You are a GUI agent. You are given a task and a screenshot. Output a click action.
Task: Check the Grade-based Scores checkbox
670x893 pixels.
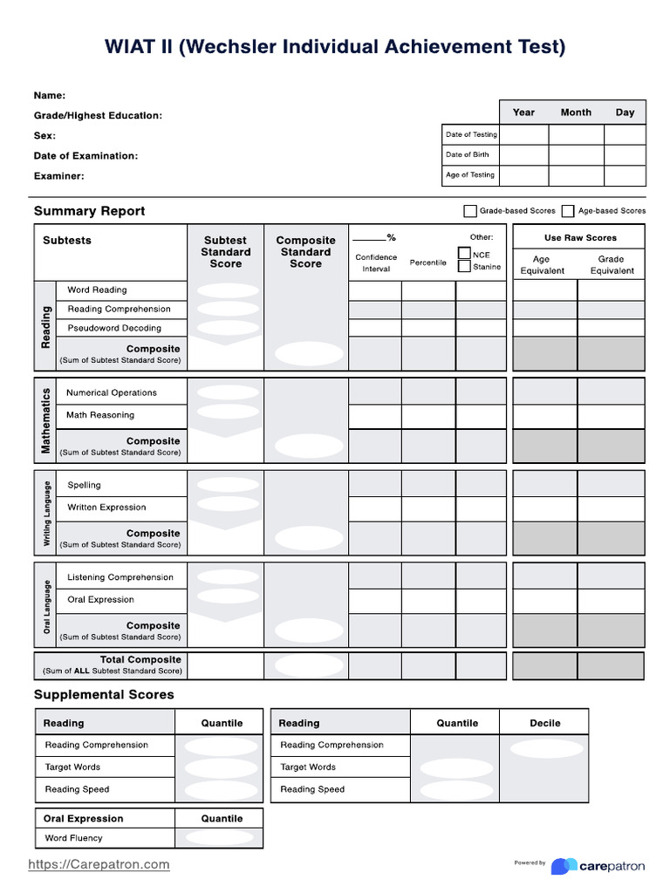click(470, 211)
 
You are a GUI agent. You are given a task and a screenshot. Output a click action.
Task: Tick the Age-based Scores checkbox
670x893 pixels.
click(568, 211)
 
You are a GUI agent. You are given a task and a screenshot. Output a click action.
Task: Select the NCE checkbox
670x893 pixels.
click(465, 254)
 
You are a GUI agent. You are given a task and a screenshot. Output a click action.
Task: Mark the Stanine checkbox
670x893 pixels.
click(465, 266)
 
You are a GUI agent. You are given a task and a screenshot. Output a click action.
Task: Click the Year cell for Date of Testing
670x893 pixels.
click(523, 135)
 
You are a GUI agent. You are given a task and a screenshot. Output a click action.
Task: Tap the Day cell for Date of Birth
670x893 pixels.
click(625, 155)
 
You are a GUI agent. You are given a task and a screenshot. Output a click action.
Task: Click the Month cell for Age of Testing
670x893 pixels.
click(576, 175)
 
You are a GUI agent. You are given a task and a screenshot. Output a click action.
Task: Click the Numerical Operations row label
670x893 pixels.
click(112, 393)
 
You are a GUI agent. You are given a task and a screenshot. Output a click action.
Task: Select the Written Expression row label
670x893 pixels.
click(106, 508)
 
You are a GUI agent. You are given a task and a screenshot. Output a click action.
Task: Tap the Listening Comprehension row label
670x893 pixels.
click(120, 577)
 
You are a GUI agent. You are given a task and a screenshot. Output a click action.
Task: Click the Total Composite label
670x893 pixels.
click(140, 660)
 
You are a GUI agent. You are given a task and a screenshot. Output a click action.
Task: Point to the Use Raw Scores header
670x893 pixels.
click(580, 238)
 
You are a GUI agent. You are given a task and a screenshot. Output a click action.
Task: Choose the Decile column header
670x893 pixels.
click(545, 723)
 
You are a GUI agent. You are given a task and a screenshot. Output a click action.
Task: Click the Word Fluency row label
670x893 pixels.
click(73, 838)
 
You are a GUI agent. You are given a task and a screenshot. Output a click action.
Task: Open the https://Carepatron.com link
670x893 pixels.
click(99, 864)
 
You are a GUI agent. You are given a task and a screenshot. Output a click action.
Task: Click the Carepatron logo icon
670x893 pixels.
click(564, 866)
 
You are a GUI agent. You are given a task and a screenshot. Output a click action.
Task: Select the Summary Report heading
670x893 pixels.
click(89, 211)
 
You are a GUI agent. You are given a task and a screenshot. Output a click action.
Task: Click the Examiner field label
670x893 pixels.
click(59, 176)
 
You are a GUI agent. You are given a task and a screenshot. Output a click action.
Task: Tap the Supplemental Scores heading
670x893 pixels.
click(104, 695)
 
